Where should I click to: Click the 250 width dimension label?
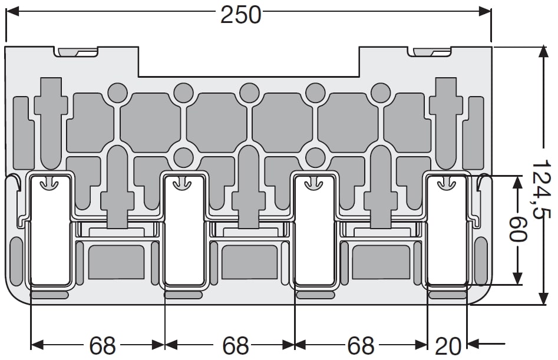point(241,15)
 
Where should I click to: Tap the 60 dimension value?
point(518,229)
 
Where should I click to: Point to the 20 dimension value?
point(448,346)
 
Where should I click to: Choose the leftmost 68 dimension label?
point(102,345)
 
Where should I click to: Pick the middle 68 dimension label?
point(235,345)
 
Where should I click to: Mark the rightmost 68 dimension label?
point(361,345)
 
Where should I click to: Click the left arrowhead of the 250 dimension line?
point(12,11)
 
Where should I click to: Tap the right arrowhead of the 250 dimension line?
point(485,11)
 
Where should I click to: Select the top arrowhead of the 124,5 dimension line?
point(543,52)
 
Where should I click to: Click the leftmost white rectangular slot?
point(51,230)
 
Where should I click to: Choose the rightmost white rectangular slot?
point(446,230)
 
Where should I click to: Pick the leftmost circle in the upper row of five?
point(118,93)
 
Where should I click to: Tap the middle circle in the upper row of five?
point(249,93)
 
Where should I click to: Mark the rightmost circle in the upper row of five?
point(381,93)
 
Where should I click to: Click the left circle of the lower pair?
point(184,157)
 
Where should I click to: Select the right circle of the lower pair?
point(315,157)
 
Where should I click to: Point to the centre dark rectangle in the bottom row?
point(249,262)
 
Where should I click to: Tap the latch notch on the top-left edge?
point(76,52)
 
